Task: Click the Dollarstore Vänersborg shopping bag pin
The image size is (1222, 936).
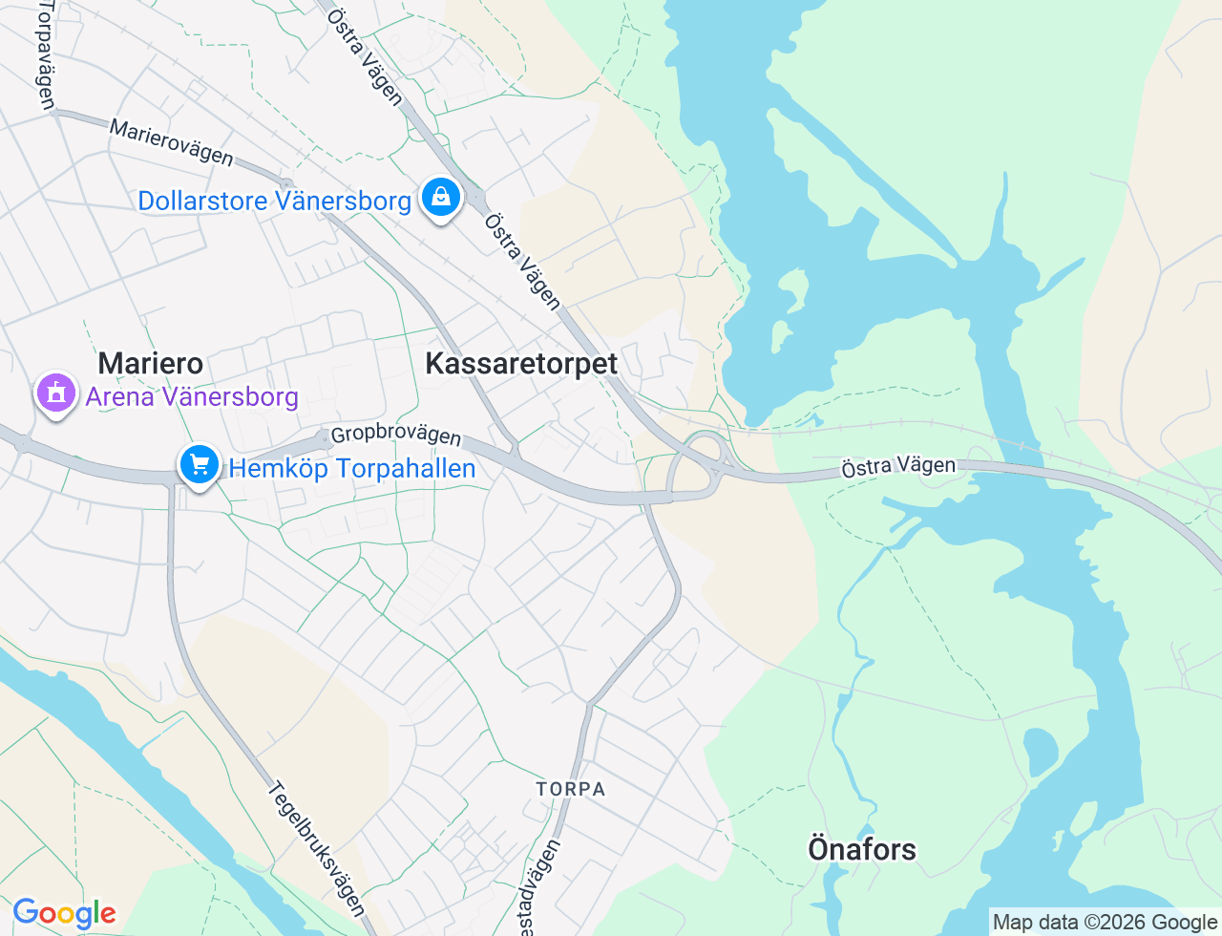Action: [x=440, y=197]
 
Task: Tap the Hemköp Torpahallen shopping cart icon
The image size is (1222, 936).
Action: [x=200, y=465]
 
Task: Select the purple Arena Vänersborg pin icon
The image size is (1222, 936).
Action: [x=56, y=393]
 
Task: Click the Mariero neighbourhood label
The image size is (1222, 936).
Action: [x=151, y=364]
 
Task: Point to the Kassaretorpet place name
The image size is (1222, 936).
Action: [x=521, y=364]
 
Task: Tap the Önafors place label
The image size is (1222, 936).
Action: [x=862, y=849]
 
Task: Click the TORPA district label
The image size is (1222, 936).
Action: [x=571, y=789]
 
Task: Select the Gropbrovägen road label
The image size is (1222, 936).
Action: [x=396, y=435]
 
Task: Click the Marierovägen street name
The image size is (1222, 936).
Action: [x=171, y=141]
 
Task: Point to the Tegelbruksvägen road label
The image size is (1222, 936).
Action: [x=316, y=848]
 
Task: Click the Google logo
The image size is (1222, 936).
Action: [x=64, y=913]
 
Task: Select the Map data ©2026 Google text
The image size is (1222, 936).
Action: [x=1106, y=922]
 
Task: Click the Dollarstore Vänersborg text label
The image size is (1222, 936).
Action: [x=275, y=201]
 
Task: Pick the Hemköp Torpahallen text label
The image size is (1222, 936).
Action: [x=352, y=468]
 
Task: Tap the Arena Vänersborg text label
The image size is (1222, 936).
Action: [x=192, y=396]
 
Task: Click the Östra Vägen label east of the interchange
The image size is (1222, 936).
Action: [x=897, y=466]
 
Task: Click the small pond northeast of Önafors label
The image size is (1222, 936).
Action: [x=1040, y=752]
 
